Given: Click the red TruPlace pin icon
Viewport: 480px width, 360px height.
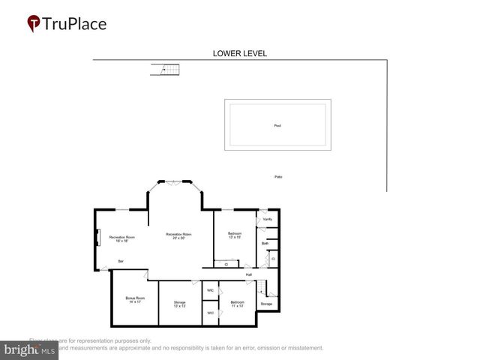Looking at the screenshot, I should click(34, 24).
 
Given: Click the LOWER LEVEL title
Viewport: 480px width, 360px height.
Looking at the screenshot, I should click(240, 53).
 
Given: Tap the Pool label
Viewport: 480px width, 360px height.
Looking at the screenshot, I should click(277, 125).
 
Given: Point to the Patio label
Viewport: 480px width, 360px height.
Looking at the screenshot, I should click(278, 177).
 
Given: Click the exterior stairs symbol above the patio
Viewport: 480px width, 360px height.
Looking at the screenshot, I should click(166, 70).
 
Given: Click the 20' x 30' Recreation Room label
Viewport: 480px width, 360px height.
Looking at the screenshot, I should click(178, 236).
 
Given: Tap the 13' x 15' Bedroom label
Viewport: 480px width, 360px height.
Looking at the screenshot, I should click(235, 235).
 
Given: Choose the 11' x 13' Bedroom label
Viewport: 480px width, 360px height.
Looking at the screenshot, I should click(238, 304).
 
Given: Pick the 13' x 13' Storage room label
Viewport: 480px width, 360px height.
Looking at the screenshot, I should click(179, 304).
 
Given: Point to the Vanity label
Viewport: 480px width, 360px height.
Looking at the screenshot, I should click(268, 219).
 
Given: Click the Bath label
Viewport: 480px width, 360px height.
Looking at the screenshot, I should click(265, 243).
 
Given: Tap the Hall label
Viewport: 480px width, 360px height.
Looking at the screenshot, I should click(248, 274).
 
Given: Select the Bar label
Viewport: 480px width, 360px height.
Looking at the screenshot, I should click(121, 261).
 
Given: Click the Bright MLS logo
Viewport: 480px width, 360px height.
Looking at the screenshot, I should click(30, 349).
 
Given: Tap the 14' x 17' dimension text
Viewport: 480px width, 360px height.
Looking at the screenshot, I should click(135, 301).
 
